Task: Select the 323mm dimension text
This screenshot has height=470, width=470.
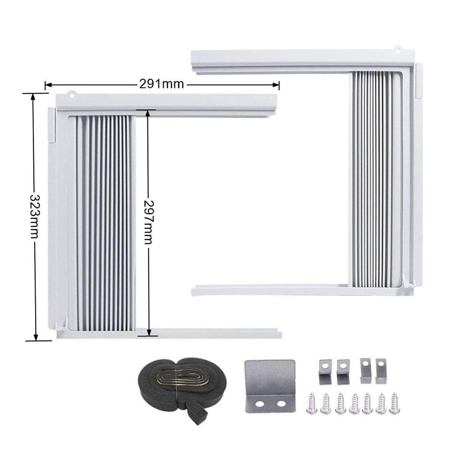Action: point(34,215)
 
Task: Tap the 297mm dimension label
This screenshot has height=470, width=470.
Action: point(148,222)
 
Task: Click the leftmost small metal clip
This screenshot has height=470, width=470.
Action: point(326,371)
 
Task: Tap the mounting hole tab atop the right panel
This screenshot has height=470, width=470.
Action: point(399,49)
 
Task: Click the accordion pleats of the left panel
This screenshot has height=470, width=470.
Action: point(105,223)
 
